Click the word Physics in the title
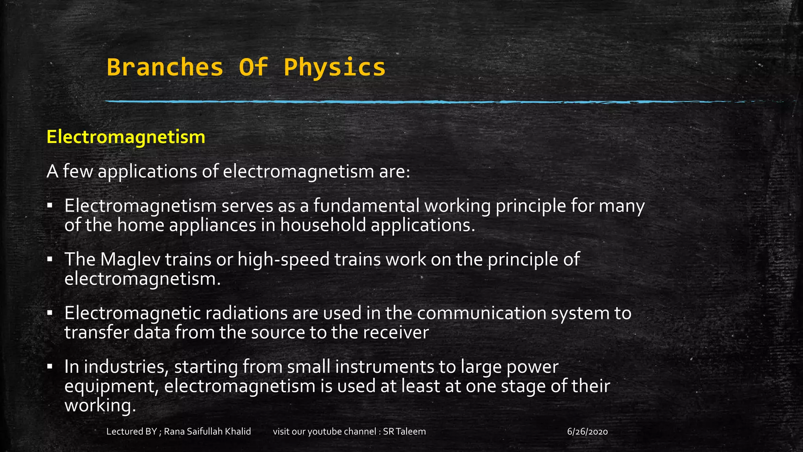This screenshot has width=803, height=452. click(334, 67)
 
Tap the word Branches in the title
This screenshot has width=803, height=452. click(165, 67)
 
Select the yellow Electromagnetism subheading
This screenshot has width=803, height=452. click(126, 137)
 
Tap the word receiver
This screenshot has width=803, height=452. click(396, 332)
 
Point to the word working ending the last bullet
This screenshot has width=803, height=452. click(100, 405)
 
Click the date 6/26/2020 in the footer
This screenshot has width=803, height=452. click(587, 432)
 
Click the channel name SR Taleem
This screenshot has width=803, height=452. click(404, 432)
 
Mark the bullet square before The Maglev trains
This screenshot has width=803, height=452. click(49, 259)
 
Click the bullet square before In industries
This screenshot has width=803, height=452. click(49, 367)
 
